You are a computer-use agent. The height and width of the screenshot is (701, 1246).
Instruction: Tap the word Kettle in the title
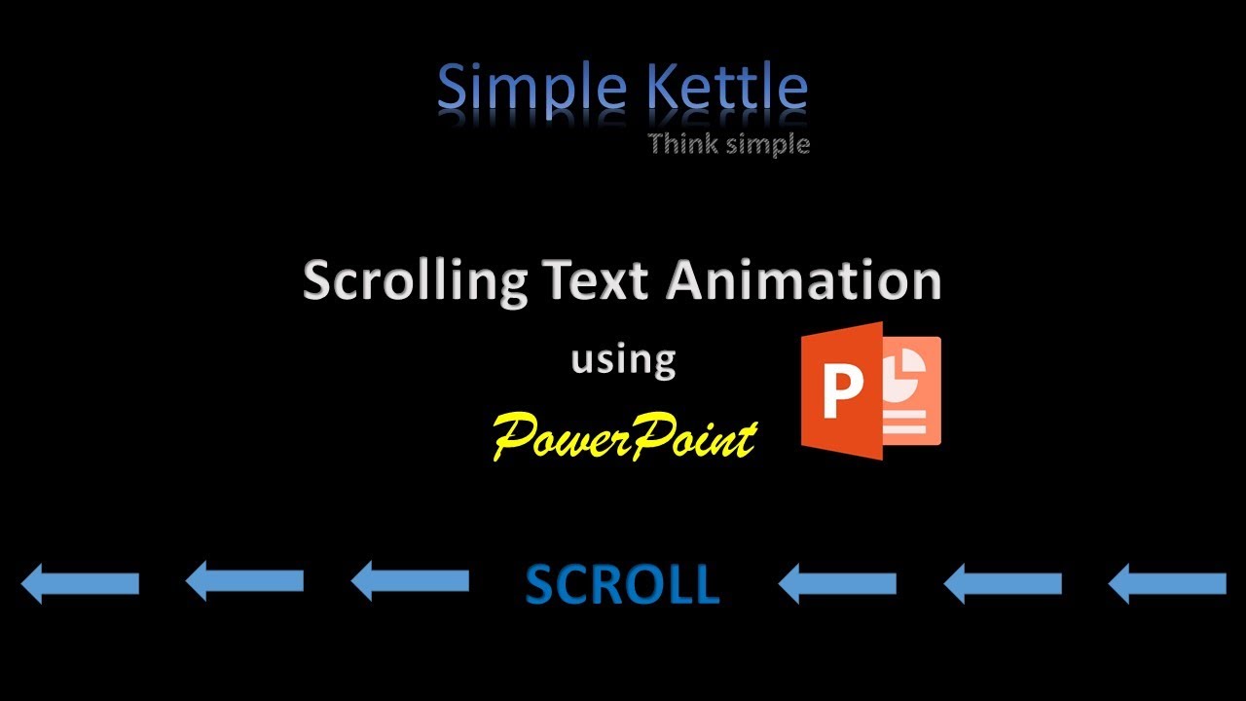click(727, 88)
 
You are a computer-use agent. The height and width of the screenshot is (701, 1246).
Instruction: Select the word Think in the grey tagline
click(682, 144)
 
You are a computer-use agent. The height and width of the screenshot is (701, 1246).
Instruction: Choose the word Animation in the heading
click(804, 280)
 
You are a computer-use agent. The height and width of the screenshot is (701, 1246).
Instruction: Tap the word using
click(623, 360)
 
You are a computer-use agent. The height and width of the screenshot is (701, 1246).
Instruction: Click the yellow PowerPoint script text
click(624, 435)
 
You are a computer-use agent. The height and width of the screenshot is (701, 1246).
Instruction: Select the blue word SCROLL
click(622, 585)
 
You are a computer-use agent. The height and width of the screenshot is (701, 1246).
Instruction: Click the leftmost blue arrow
click(80, 583)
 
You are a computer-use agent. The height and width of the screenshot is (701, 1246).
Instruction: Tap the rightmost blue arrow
click(1167, 583)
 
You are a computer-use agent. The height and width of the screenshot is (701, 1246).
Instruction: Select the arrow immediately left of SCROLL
click(410, 582)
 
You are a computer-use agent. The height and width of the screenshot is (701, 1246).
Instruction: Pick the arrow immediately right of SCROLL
click(837, 583)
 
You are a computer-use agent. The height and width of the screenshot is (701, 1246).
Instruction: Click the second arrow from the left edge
click(244, 582)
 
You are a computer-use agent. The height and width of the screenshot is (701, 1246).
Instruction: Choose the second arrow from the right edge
click(1003, 583)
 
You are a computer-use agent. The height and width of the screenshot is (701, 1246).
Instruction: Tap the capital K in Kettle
click(662, 88)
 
